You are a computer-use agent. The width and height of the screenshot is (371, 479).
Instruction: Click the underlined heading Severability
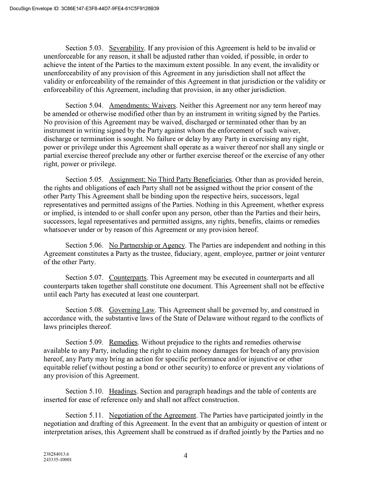pyautogui.click(x=127, y=49)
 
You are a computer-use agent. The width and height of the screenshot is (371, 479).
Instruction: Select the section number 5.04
pyautogui.click(x=95, y=105)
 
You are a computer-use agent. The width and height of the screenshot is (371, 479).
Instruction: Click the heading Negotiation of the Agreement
pyautogui.click(x=153, y=416)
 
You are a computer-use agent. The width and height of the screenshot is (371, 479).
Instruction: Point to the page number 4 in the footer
pyautogui.click(x=185, y=455)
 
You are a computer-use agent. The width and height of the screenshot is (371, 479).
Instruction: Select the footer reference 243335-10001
pyautogui.click(x=57, y=460)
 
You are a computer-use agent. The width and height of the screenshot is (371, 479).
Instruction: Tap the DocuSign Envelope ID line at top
pyautogui.click(x=85, y=8)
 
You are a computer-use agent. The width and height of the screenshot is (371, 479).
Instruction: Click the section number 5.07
pyautogui.click(x=95, y=278)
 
